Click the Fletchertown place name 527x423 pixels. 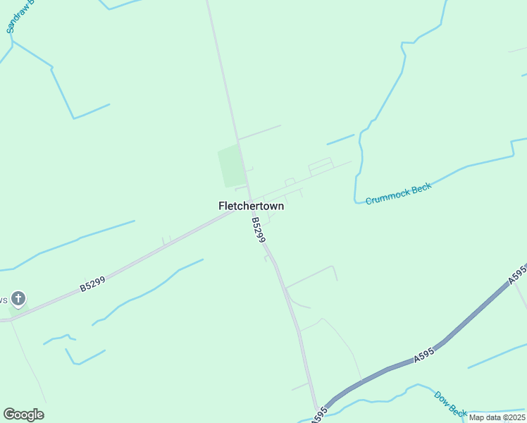[x=252, y=206]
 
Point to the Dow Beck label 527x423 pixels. [x=450, y=404]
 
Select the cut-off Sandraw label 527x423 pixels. [x=15, y=18]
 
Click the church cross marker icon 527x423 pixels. [x=18, y=299]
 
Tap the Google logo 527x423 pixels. [x=23, y=414]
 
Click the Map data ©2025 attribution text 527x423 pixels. [x=497, y=417]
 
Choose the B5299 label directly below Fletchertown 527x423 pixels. [x=258, y=231]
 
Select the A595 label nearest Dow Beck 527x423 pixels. [x=424, y=357]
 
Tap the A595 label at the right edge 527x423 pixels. [x=517, y=275]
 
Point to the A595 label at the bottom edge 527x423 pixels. [x=321, y=415]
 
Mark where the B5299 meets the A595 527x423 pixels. [x=316, y=410]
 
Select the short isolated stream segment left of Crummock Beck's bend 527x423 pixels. [x=340, y=139]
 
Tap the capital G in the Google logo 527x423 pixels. [x=9, y=414]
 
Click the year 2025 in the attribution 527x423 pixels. [x=514, y=417]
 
